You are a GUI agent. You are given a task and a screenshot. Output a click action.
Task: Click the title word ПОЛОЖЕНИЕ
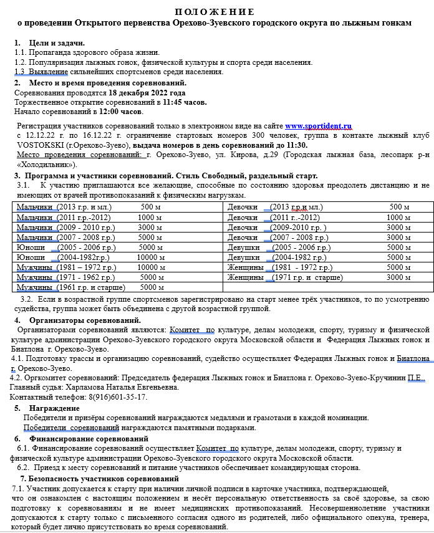tap(215, 12)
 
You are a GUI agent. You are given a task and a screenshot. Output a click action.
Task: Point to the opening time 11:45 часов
tap(185, 102)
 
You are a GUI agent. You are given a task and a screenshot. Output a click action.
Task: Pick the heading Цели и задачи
tap(57, 43)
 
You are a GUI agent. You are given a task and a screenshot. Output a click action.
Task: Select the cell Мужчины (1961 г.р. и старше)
tap(70, 287)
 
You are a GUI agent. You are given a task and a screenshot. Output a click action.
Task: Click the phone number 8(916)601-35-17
tap(112, 397)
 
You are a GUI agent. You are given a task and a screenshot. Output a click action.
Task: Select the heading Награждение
tap(55, 408)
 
